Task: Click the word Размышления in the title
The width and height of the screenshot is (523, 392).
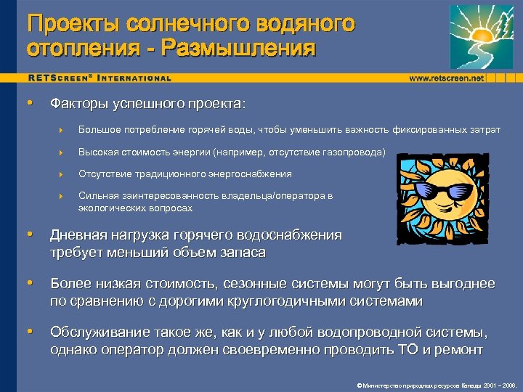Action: point(240,49)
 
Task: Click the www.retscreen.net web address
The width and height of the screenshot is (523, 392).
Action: point(447,78)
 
